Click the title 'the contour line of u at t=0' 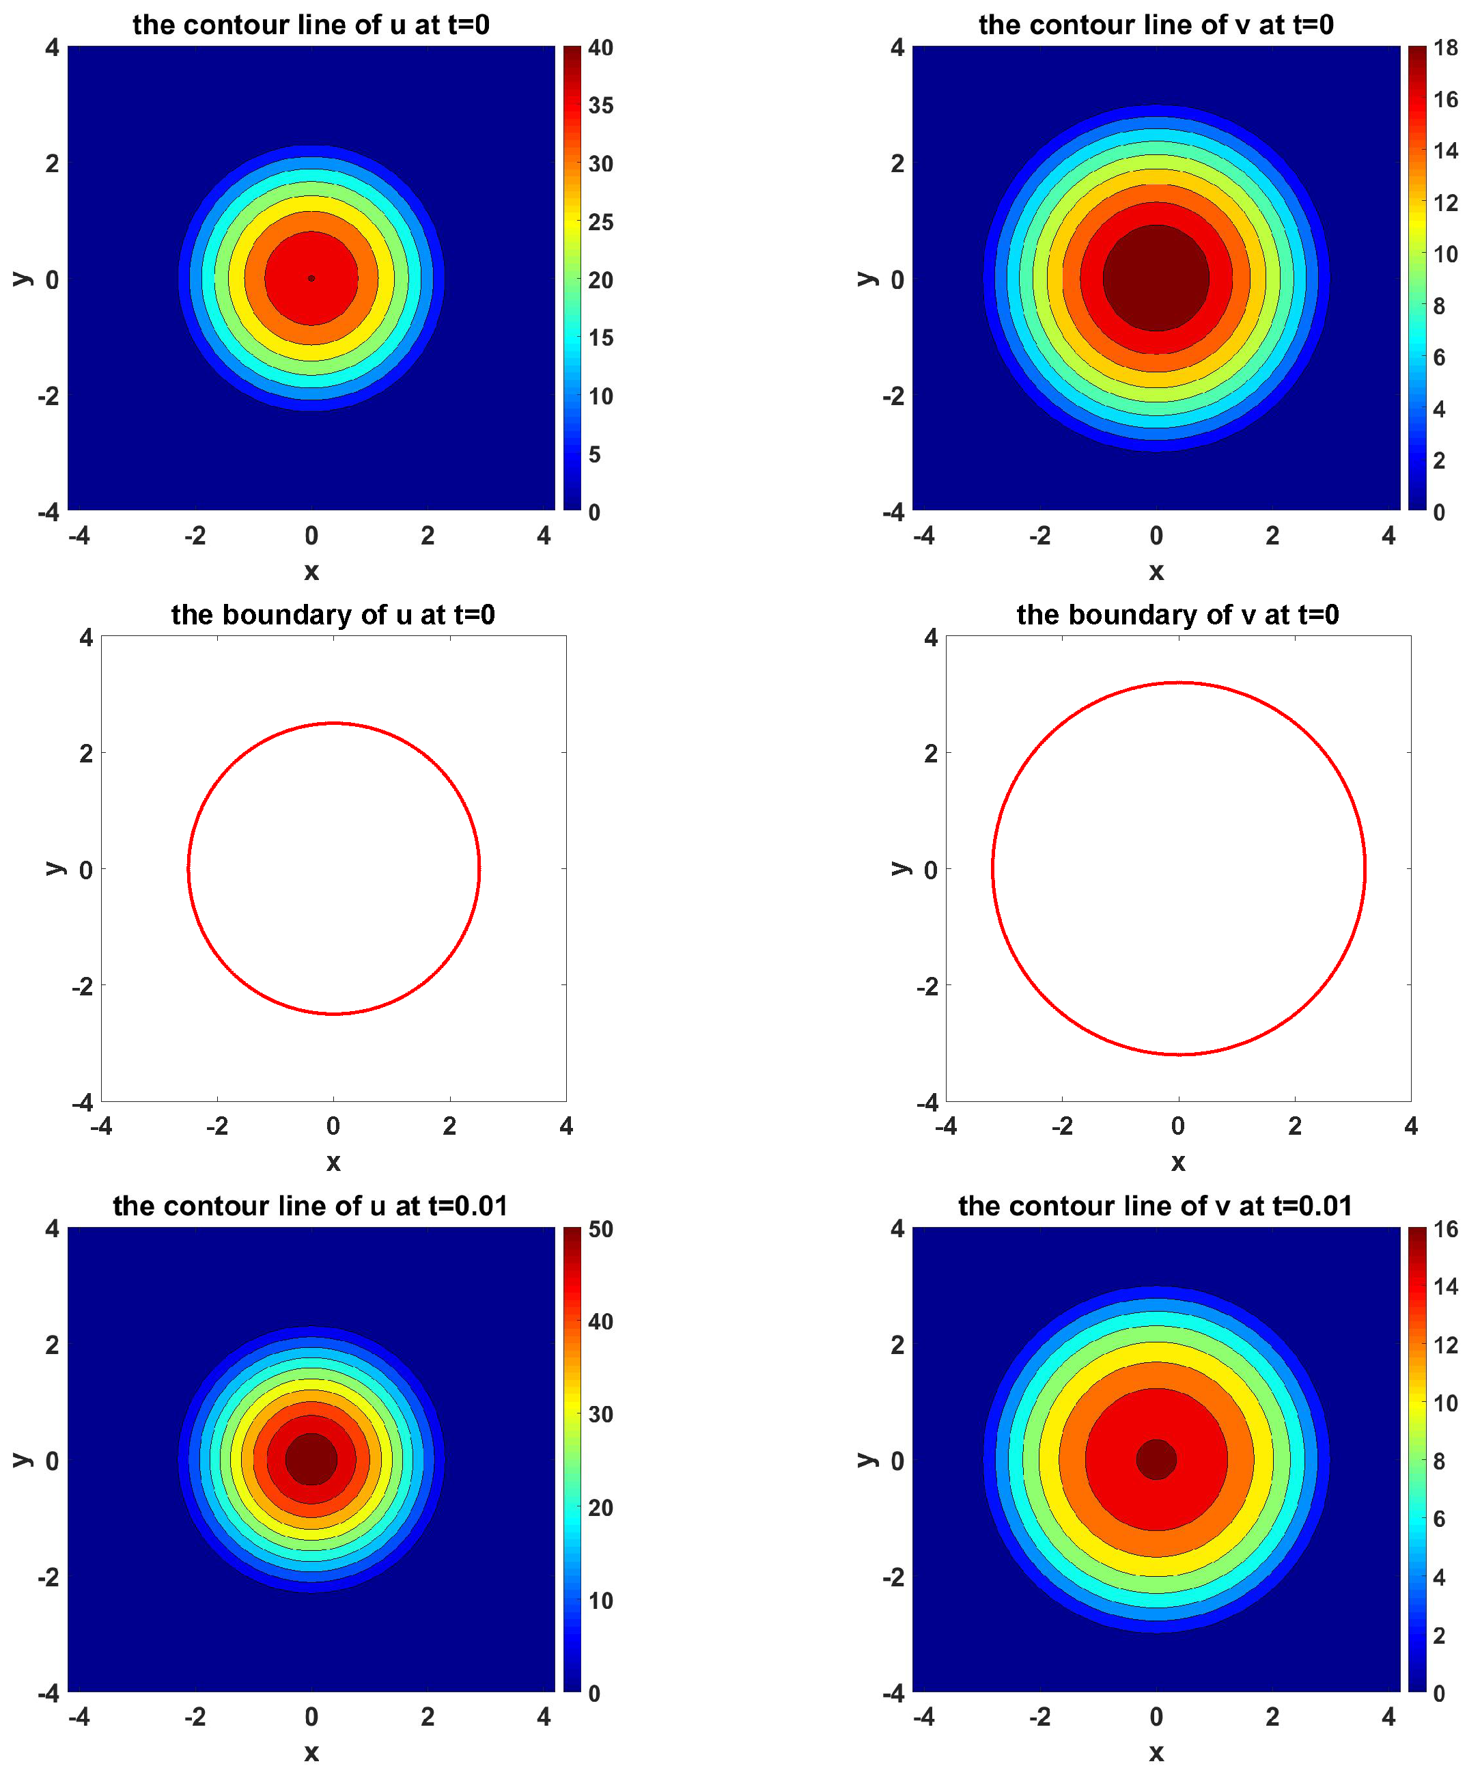[x=311, y=25]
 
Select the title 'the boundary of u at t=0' [x=333, y=614]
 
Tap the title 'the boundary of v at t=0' [x=1177, y=614]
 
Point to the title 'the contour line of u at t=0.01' [x=310, y=1205]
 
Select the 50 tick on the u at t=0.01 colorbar [x=600, y=1229]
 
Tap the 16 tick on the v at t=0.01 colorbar [x=1445, y=1229]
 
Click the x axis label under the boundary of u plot [x=333, y=1162]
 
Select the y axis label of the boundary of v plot [x=899, y=868]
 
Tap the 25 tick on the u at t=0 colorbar [x=600, y=222]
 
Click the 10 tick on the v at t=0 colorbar [x=1445, y=253]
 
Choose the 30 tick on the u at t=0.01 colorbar [x=600, y=1414]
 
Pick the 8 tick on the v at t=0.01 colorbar [x=1439, y=1461]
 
